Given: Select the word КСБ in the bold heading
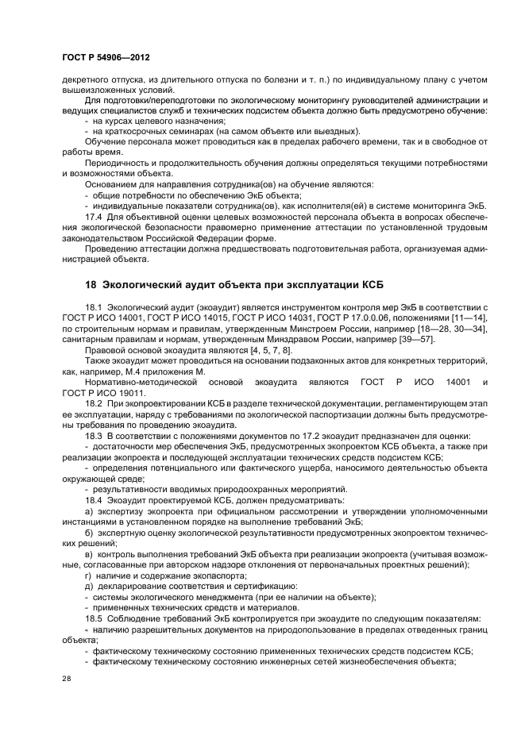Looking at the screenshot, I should [373, 284].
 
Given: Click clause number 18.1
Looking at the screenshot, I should [95, 306].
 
